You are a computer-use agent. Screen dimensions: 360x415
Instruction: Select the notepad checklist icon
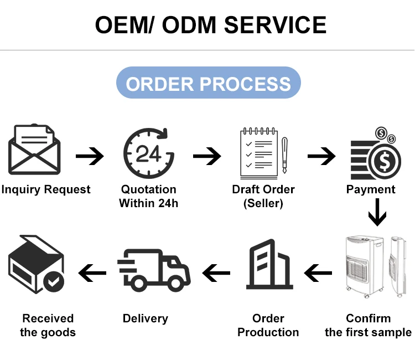pos(258,152)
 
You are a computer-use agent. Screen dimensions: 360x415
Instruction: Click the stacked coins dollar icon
pos(375,153)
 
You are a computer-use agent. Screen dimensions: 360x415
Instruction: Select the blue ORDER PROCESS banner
pos(208,84)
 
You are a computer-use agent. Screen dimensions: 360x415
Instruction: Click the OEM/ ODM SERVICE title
pos(210,25)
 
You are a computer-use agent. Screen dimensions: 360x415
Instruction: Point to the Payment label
pos(371,189)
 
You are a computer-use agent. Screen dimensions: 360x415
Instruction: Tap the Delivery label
pos(145,318)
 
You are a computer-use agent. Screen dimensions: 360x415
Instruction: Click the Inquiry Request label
pos(46,189)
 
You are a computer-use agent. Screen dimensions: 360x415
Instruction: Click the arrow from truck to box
pos(92,272)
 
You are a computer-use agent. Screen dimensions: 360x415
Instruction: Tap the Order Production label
pos(268,325)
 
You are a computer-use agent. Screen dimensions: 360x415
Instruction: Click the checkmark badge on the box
pos(54,282)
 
